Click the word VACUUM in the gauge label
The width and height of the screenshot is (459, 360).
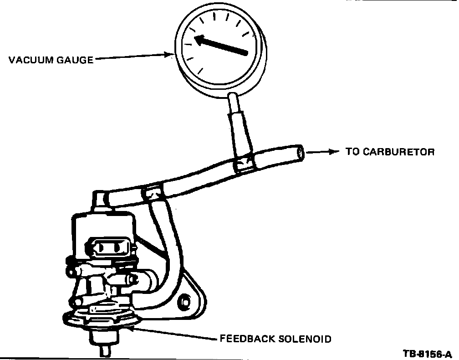[x=30, y=60]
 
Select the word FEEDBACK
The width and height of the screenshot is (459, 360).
[x=246, y=339]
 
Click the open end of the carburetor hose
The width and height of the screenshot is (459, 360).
[x=300, y=152]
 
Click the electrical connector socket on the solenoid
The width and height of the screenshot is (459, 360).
[x=109, y=248]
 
